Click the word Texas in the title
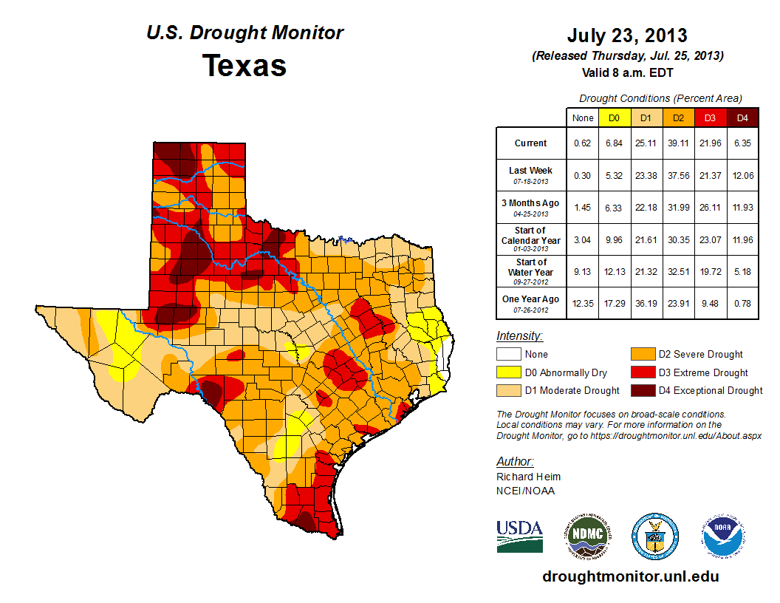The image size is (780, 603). coord(244,66)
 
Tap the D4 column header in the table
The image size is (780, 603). coord(742,117)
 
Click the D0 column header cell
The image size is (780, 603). coord(613,117)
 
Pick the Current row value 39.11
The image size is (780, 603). coord(677,143)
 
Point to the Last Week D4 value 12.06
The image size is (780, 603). coord(742,175)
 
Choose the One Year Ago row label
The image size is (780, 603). coord(530,299)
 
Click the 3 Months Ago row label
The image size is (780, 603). coord(530,203)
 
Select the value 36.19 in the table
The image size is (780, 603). coord(646,304)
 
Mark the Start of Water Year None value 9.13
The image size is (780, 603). coord(582,271)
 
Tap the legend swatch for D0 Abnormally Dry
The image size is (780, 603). coord(508,372)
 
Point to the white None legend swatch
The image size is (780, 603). coord(508,355)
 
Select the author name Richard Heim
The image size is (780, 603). coord(528,477)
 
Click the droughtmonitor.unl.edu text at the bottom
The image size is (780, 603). coord(630,576)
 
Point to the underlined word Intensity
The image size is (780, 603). coord(519,336)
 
